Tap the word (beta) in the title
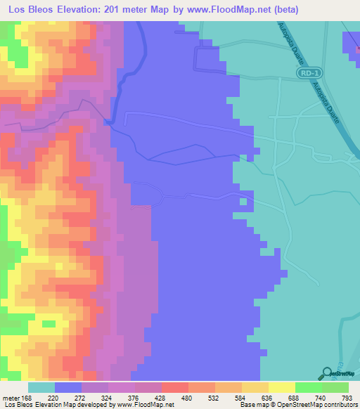(x=286, y=10)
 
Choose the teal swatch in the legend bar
(x=41, y=387)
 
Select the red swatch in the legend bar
(x=175, y=387)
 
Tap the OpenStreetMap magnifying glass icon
(x=326, y=372)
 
